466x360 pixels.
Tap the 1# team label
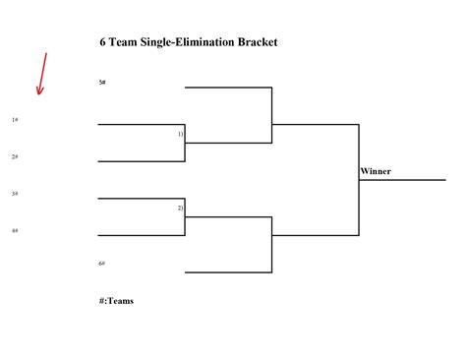coord(15,120)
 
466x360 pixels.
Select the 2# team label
coord(15,156)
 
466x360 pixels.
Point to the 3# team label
coord(15,194)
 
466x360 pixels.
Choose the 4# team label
coord(15,230)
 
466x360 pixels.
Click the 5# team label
coord(102,82)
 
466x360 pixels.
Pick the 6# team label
coord(102,264)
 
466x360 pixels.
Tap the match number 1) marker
coord(180,133)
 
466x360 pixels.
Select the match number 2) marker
coord(180,209)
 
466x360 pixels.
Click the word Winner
coord(376,171)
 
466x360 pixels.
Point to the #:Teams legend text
coord(116,301)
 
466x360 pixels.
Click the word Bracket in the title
coord(255,42)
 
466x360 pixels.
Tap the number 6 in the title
coord(102,42)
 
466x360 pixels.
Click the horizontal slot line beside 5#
coord(228,88)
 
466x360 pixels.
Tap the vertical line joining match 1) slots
coord(186,143)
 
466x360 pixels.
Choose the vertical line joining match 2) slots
coord(186,216)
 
